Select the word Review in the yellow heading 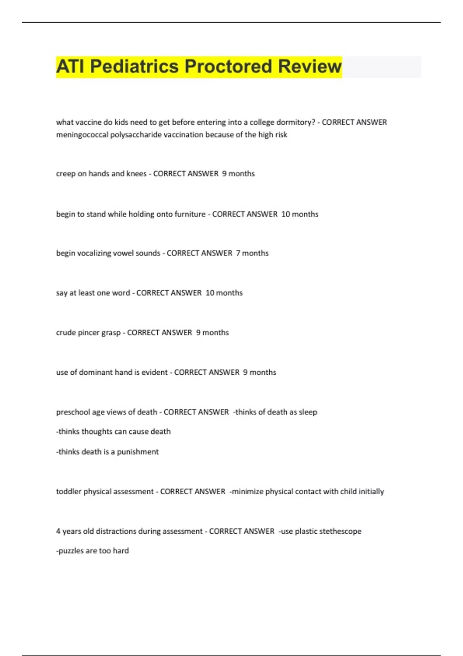click(310, 66)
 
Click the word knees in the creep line click(137, 174)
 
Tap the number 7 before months click(238, 253)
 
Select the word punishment click(138, 452)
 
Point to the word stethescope click(340, 531)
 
